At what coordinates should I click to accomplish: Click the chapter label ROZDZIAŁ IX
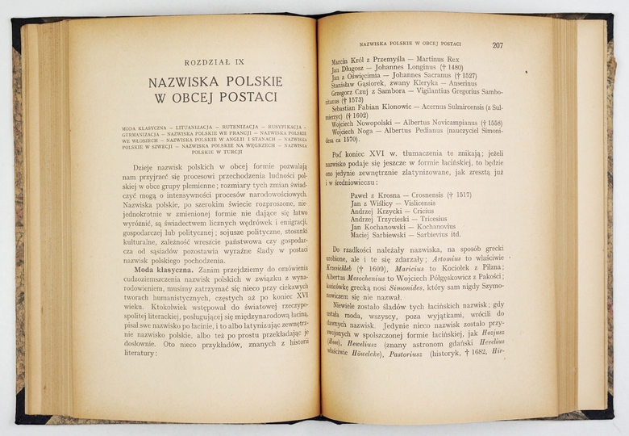(x=214, y=62)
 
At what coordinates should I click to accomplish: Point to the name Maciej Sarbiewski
(x=382, y=235)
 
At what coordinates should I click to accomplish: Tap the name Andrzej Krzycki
(x=377, y=215)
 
